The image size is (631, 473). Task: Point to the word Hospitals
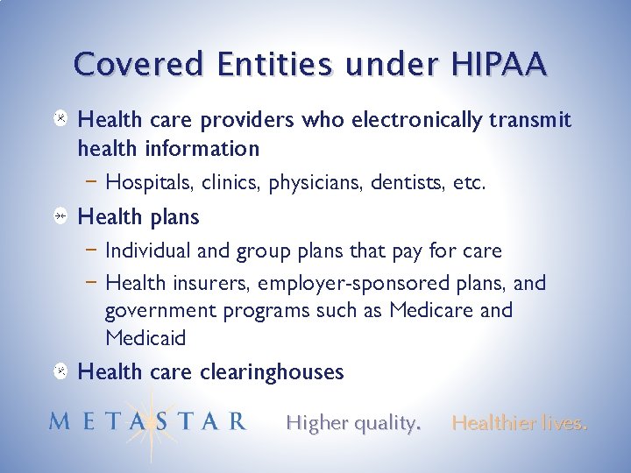click(146, 183)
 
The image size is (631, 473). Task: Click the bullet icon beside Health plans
click(58, 217)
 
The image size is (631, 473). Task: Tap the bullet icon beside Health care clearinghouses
click(58, 372)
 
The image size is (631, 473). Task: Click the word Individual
click(145, 251)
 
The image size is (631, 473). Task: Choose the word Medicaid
click(145, 338)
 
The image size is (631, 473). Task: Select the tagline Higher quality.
click(353, 423)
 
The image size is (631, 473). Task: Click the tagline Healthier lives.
click(519, 423)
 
